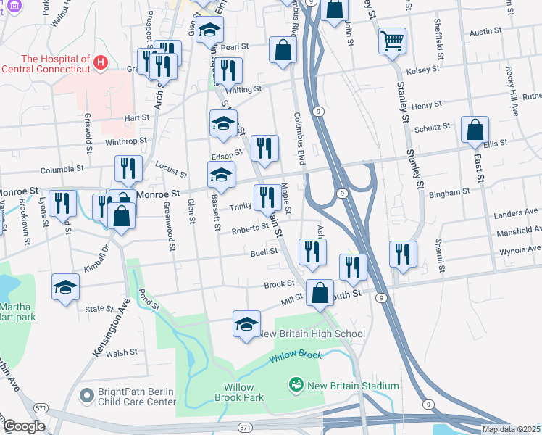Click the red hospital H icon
tap(101, 63)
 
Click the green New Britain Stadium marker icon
tap(296, 385)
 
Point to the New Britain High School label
tap(312, 333)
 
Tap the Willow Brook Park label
tap(238, 392)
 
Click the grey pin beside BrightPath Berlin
tap(87, 395)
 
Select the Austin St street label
tap(485, 32)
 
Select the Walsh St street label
tap(122, 354)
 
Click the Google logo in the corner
tap(23, 426)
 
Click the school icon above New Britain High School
tap(246, 323)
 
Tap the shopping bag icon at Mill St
tap(320, 293)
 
